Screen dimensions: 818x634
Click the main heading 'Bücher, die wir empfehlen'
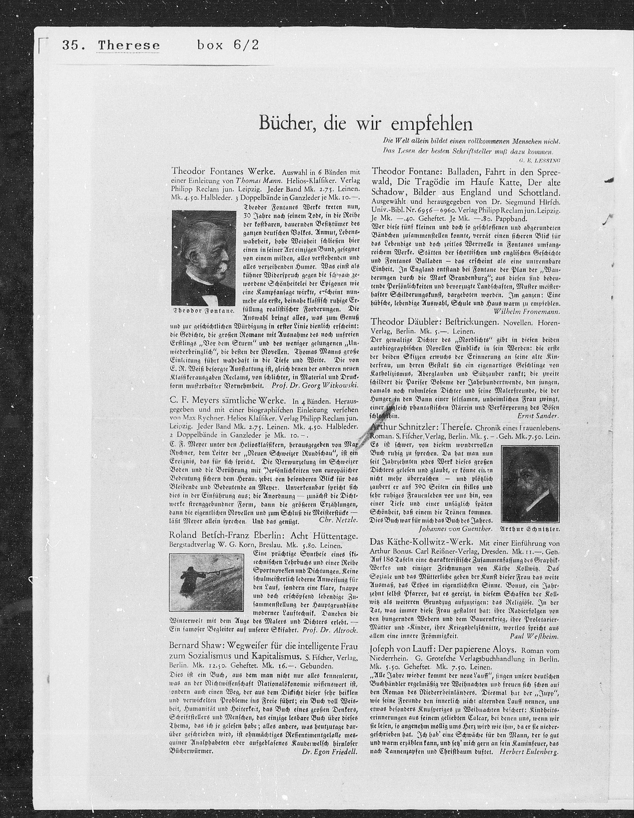[x=365, y=124]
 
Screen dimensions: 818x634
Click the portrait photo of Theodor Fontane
[x=204, y=258]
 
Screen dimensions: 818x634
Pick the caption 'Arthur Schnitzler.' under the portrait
[x=530, y=529]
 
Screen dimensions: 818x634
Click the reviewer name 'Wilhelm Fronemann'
[x=527, y=311]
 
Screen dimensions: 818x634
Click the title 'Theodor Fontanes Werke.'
[x=224, y=172]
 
